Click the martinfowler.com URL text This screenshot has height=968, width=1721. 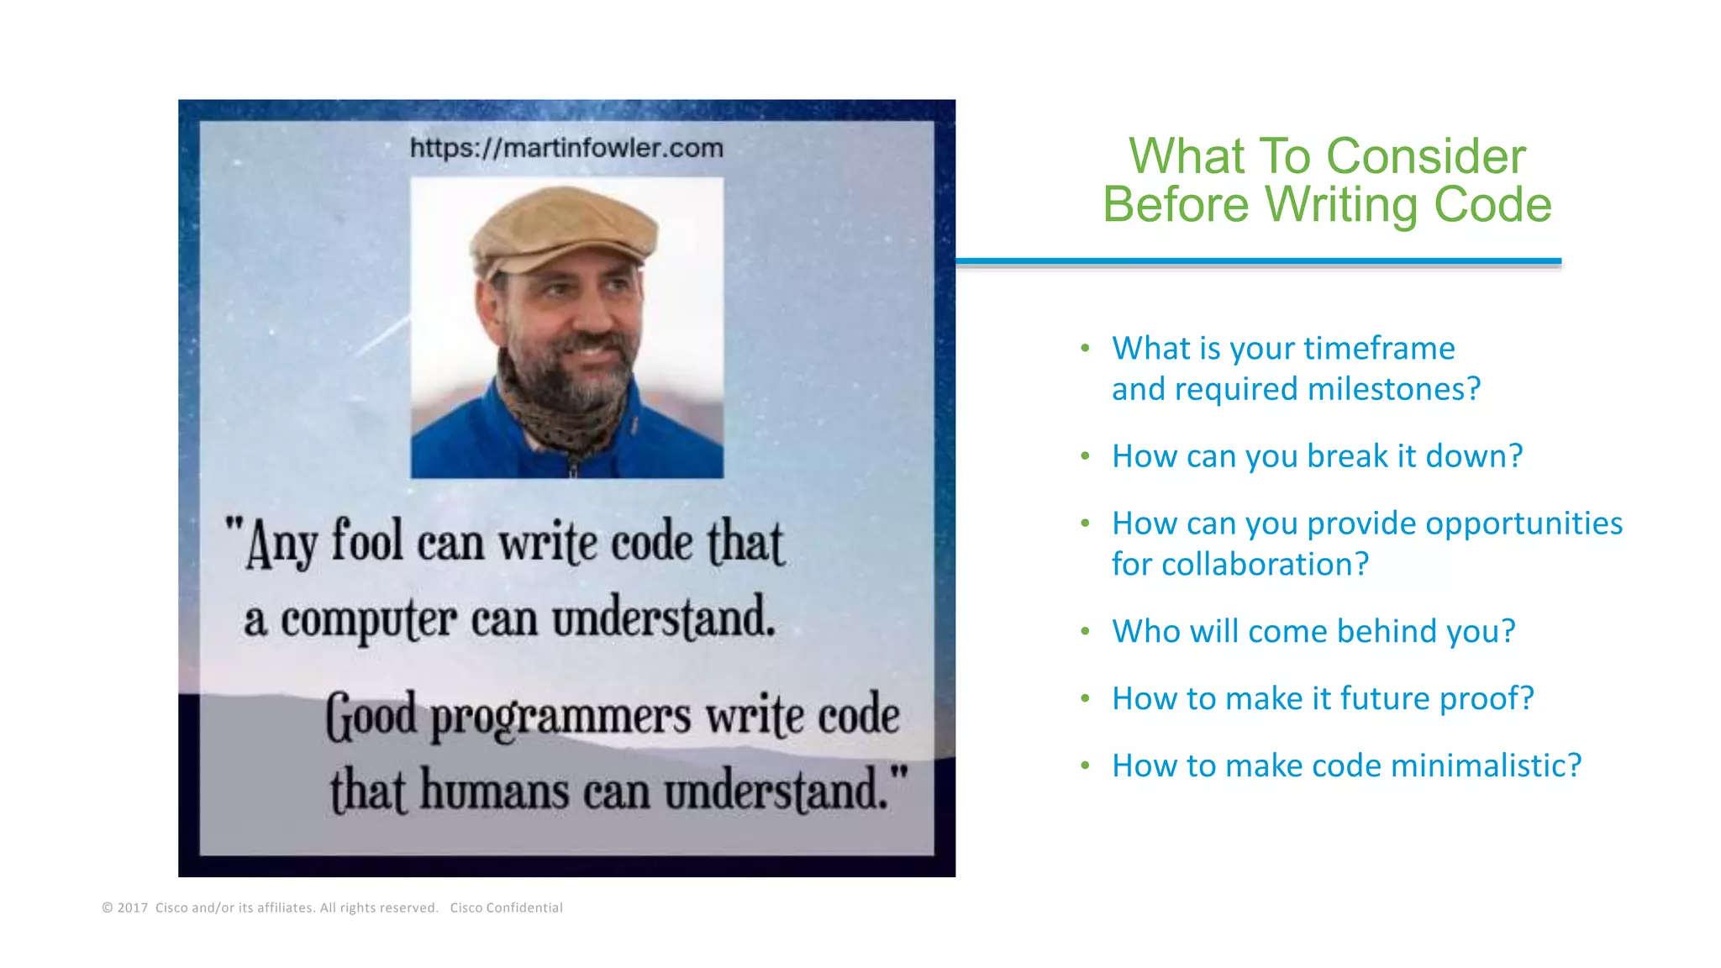(x=566, y=148)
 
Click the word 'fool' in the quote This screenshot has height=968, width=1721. (x=367, y=541)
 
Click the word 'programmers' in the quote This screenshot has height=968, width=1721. (x=561, y=717)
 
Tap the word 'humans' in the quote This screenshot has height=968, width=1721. (x=494, y=791)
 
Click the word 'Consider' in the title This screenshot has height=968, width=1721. (x=1426, y=157)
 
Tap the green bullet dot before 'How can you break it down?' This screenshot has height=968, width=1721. (x=1085, y=456)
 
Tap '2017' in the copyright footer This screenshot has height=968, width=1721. (x=133, y=907)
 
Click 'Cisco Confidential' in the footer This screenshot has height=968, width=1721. (x=506, y=907)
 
